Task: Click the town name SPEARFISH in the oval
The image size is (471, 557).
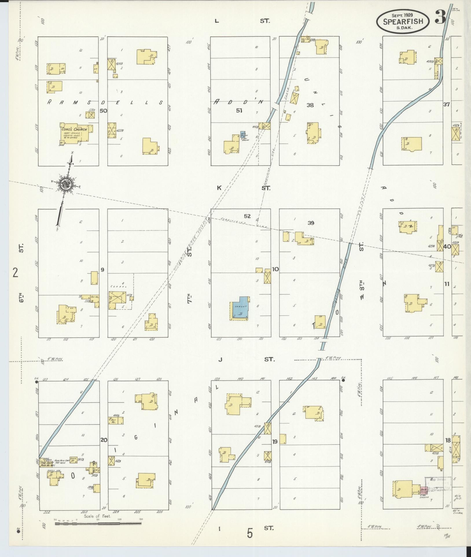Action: [403, 21]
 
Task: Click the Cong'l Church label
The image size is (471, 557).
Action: [74, 129]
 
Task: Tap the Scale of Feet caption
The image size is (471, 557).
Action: [97, 516]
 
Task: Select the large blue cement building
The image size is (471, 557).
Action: [240, 308]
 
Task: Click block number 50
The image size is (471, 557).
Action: [103, 111]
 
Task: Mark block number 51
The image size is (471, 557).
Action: [239, 110]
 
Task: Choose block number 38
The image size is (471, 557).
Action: [310, 105]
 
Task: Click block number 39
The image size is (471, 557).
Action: [311, 223]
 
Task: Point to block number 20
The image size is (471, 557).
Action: [104, 448]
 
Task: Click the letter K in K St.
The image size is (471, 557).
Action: [219, 188]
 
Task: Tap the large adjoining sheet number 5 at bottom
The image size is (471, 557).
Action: [250, 533]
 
